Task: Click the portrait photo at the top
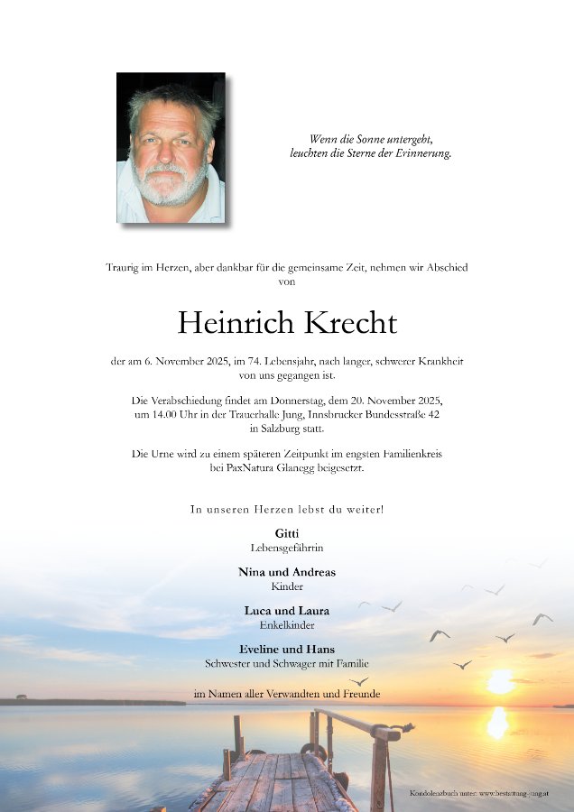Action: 171,148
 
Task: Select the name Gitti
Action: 287,533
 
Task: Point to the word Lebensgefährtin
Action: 287,548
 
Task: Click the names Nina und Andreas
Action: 287,572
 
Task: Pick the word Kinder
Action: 287,586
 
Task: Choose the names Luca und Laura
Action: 287,611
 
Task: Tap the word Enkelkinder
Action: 287,624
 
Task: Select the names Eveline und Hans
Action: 287,650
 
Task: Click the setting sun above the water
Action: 499,681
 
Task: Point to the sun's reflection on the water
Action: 497,722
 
